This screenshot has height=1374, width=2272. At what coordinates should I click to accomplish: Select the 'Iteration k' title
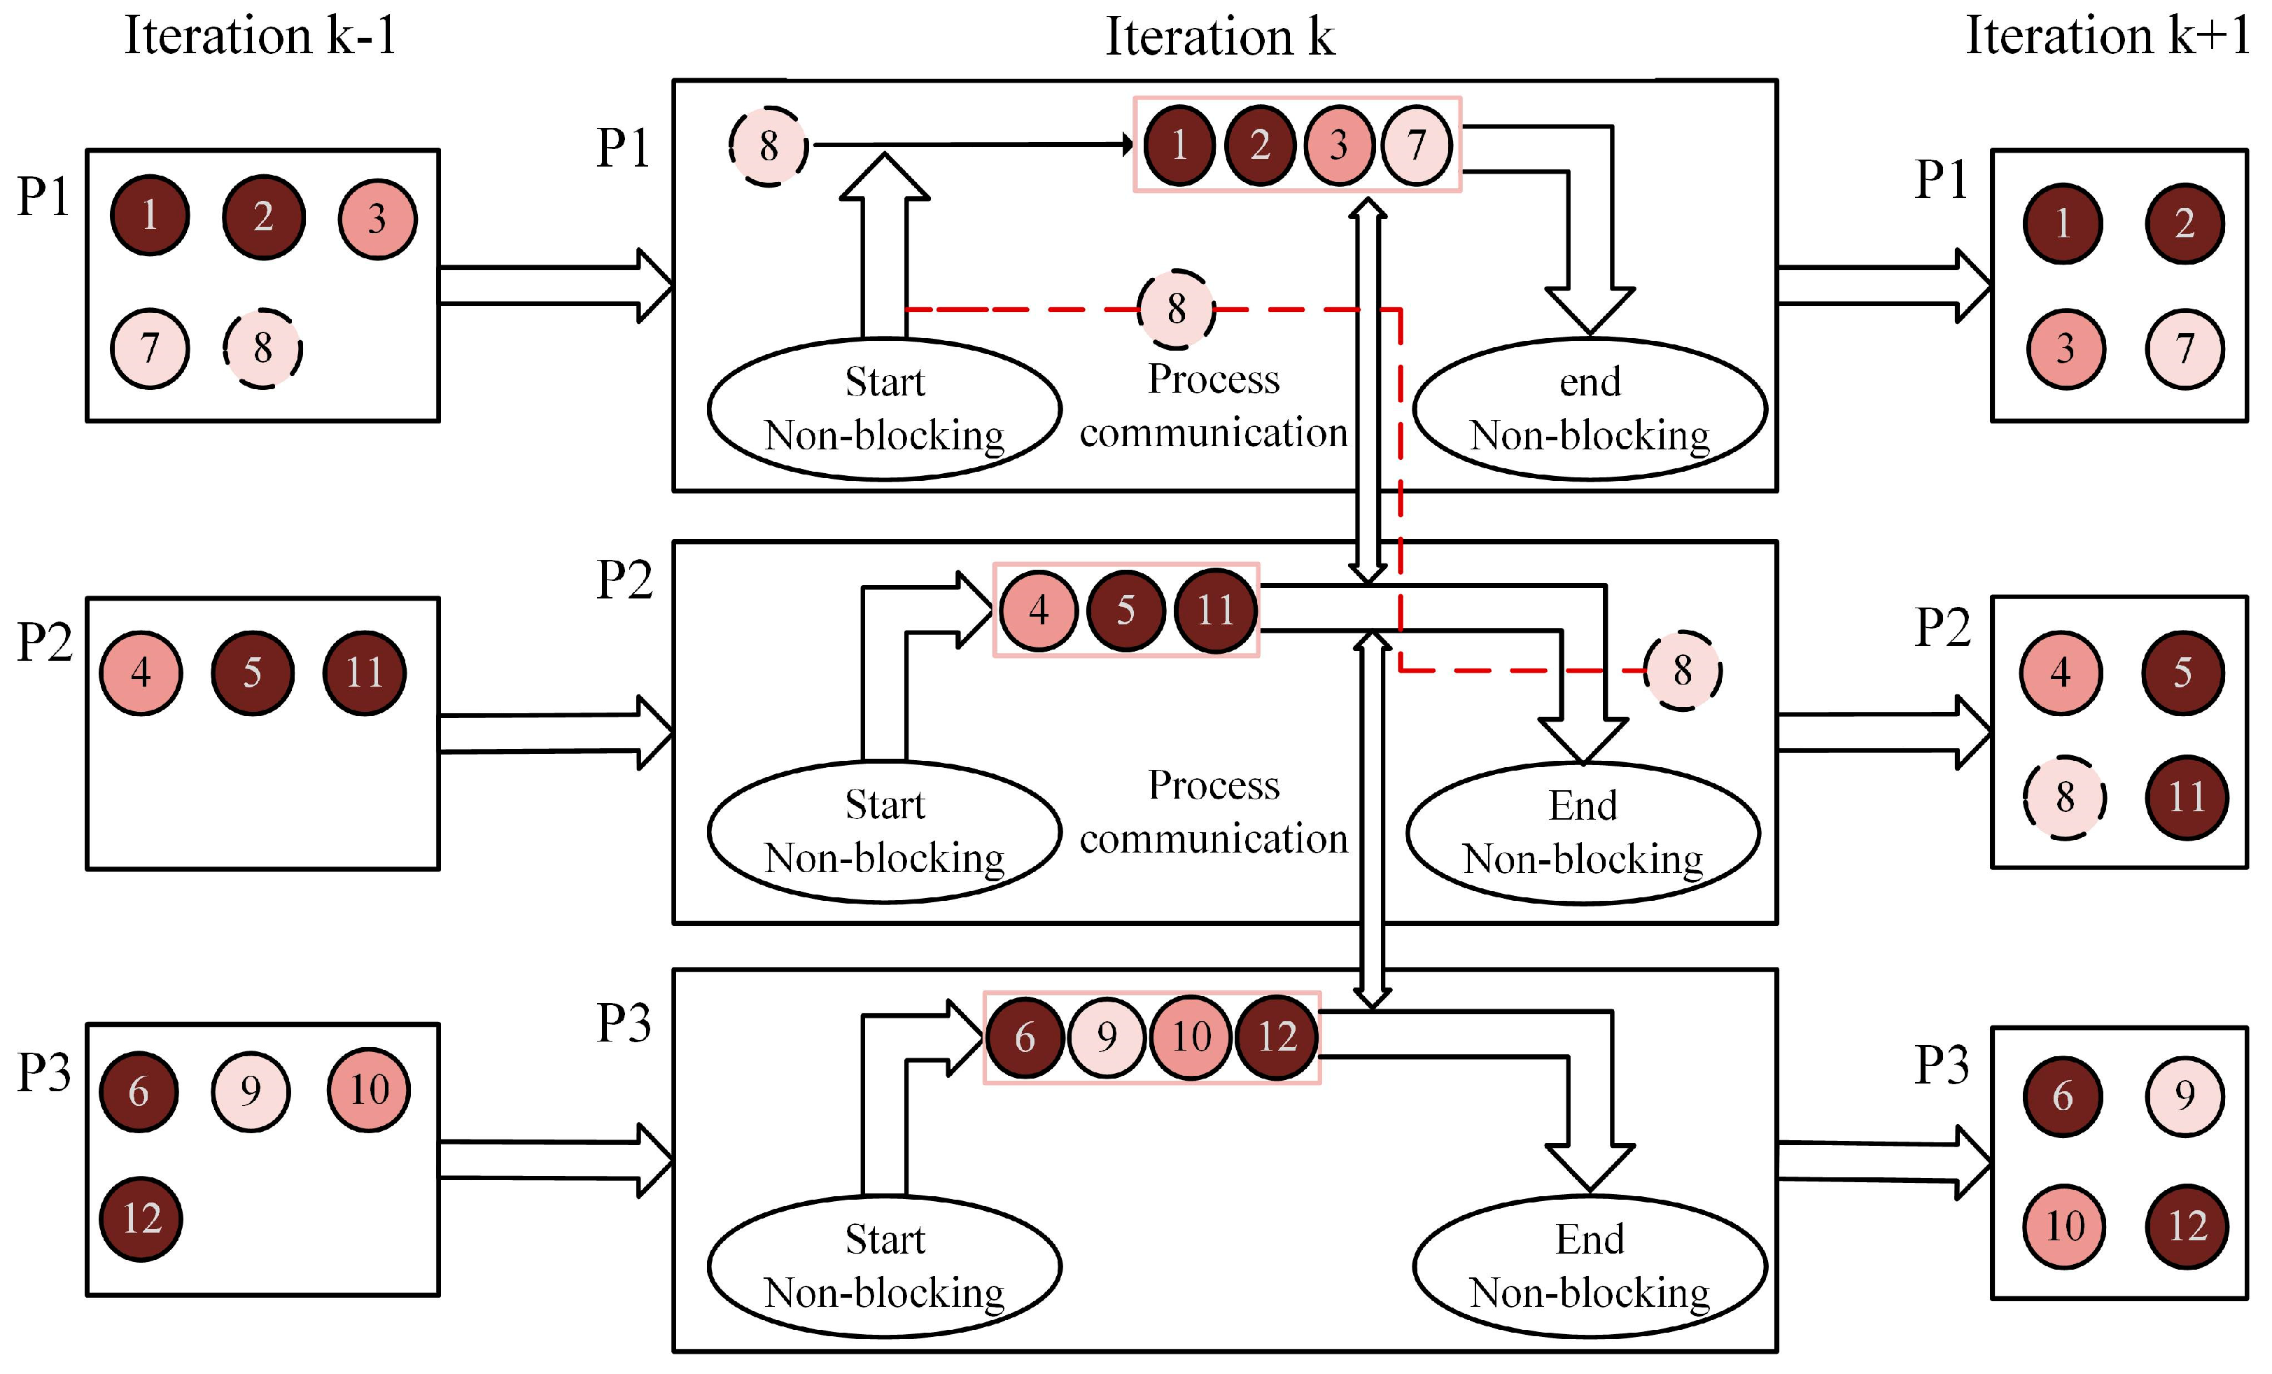[1219, 38]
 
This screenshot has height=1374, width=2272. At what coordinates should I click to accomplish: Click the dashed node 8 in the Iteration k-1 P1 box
[262, 349]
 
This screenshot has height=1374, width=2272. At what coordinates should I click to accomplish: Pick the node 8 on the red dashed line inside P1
[1176, 309]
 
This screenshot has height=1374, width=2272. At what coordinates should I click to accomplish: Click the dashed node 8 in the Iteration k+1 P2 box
[2065, 798]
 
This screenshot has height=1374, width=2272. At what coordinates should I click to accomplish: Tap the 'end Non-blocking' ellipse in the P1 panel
[1589, 409]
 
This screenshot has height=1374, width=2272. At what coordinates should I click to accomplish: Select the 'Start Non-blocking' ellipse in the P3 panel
[884, 1266]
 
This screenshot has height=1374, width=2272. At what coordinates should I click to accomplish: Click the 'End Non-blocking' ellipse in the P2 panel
[1583, 833]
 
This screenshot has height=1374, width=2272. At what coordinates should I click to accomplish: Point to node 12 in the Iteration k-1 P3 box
[141, 1219]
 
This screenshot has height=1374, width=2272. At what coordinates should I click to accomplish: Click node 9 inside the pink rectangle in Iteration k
[1107, 1037]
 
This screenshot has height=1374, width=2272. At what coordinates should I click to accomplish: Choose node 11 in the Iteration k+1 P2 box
[2186, 798]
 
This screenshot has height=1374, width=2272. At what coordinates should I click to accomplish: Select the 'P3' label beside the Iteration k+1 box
[1941, 1066]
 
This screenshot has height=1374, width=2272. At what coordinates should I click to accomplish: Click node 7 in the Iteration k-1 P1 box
[149, 349]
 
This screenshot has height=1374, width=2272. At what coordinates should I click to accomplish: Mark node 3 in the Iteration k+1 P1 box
[2065, 349]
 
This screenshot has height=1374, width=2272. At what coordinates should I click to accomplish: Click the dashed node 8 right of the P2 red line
[1683, 671]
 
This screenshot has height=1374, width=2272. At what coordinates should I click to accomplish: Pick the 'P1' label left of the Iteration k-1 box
[43, 197]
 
